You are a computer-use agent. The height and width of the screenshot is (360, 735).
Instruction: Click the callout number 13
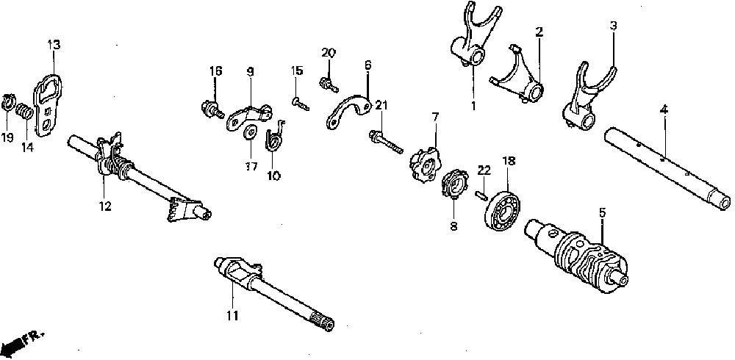click(x=54, y=46)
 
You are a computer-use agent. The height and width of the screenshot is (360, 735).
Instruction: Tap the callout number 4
click(x=664, y=109)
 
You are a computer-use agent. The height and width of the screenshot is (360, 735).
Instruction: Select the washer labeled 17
click(x=249, y=132)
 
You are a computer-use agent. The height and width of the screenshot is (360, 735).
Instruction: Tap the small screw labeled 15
click(x=299, y=104)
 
